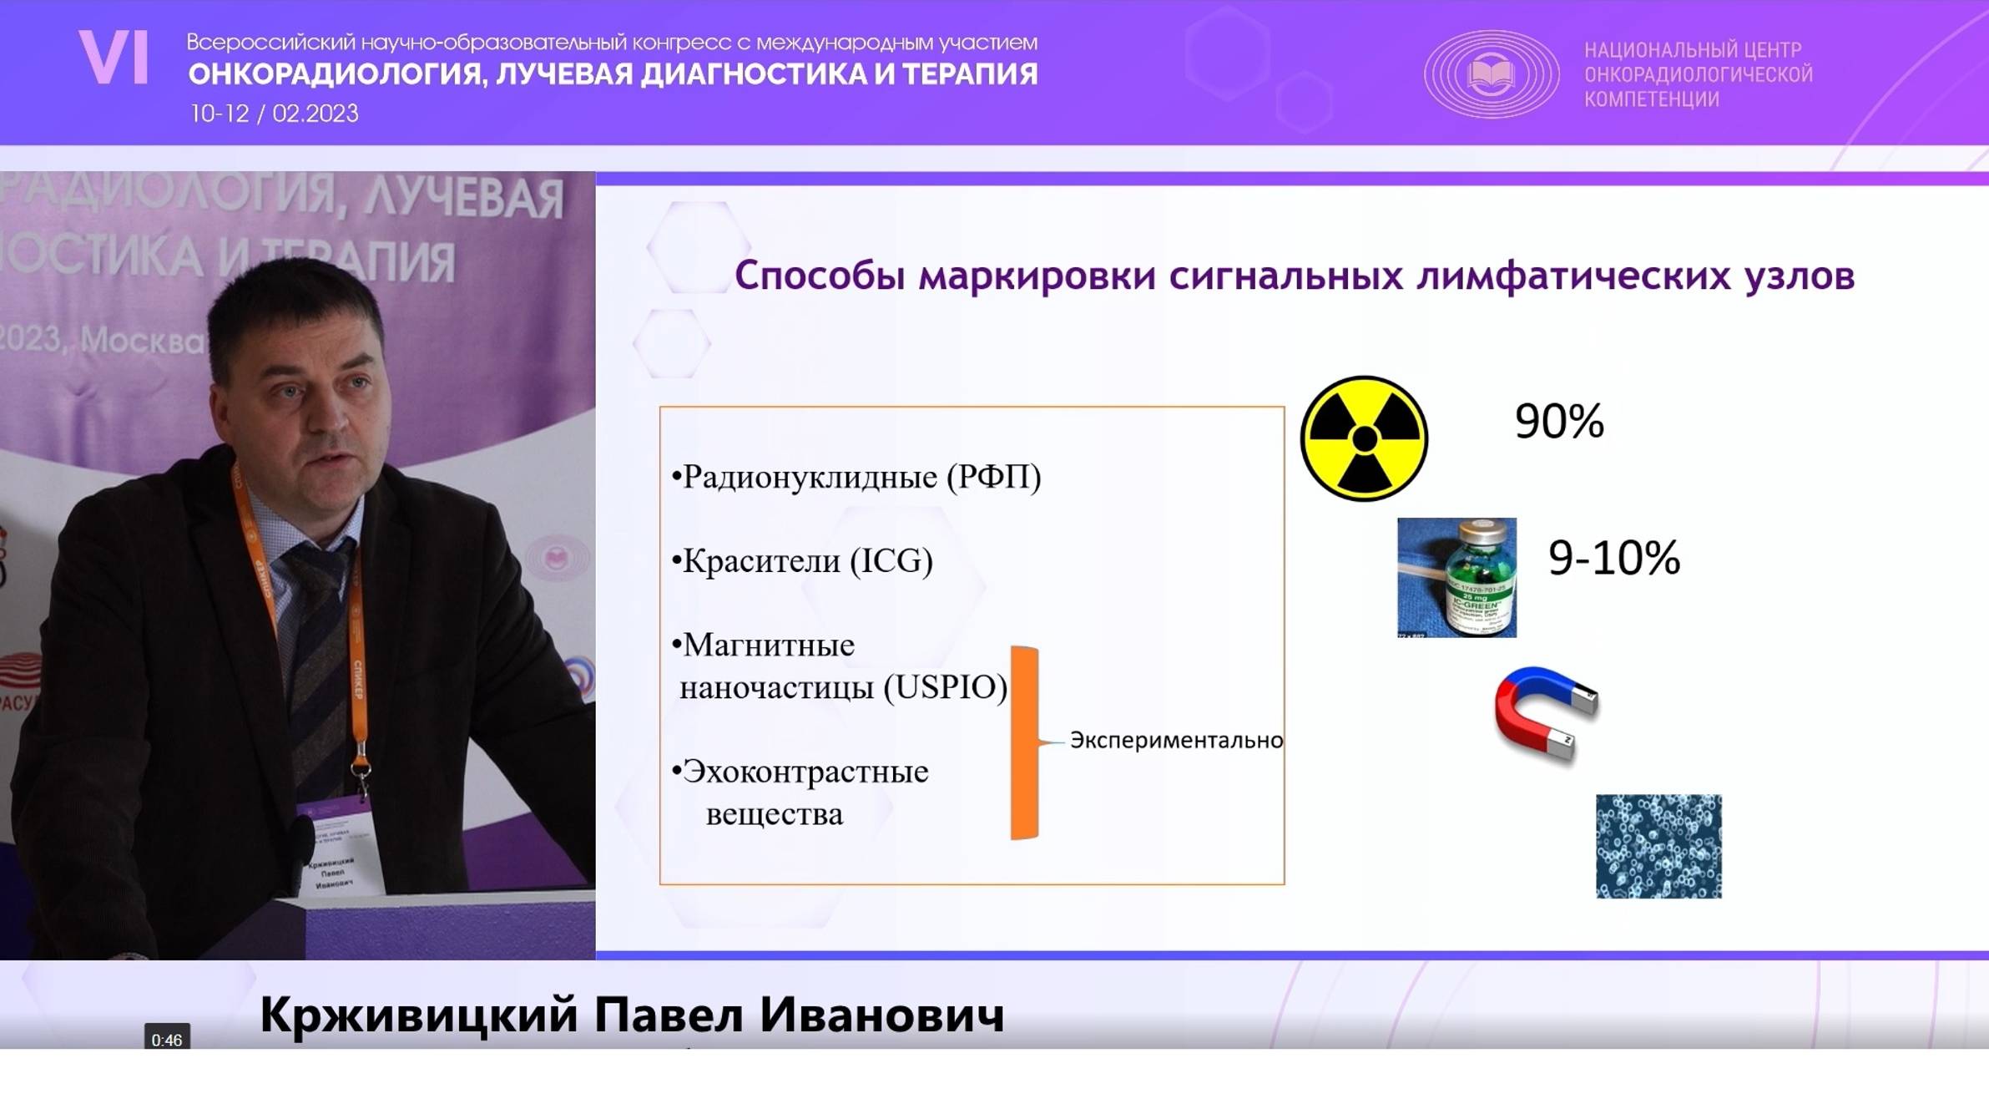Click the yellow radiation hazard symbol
point(1364,438)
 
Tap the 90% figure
point(1558,421)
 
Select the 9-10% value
point(1613,558)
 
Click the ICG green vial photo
point(1456,577)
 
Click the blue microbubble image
point(1658,846)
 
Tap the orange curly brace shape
point(1025,742)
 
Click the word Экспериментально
point(1175,741)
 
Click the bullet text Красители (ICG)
point(806,560)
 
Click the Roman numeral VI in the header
point(114,58)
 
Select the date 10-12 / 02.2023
point(274,114)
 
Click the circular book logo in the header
point(1491,73)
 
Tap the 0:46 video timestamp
point(166,1040)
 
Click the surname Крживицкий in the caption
point(418,1015)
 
